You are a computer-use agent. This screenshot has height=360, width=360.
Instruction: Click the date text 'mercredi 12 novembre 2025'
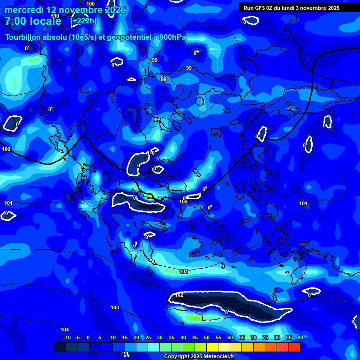coord(65,10)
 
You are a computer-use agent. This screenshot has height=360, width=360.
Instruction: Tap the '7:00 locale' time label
coord(33,21)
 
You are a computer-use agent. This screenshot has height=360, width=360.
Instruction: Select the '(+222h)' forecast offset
coord(83,21)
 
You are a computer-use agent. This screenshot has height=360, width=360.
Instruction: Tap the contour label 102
coord(180,295)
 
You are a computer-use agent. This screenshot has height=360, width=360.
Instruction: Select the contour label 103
coord(115,307)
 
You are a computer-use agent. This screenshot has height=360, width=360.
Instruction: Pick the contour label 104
coord(65,330)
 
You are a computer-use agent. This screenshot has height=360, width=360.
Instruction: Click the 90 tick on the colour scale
coord(300,337)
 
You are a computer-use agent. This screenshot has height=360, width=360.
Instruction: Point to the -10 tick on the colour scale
coord(67,337)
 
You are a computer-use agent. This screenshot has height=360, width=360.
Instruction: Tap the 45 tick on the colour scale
coord(195,337)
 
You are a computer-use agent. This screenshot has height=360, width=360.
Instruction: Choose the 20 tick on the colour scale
coord(136,337)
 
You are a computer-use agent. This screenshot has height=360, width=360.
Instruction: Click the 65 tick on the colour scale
coord(242,337)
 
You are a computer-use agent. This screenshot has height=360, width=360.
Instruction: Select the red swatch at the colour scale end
coord(294,347)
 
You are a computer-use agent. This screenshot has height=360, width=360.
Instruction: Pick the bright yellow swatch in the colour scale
coord(212,347)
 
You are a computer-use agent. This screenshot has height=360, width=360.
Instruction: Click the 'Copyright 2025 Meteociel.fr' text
coord(199,356)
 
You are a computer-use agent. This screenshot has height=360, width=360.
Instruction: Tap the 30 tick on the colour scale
coord(160,337)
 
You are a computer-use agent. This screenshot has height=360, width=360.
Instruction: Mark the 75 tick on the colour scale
coord(265,337)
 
